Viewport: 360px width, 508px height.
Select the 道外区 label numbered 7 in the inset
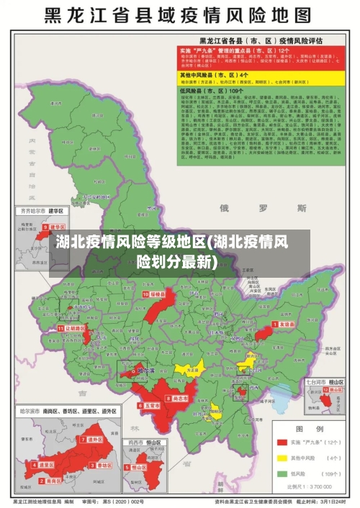94,439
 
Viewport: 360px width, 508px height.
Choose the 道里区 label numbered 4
47,466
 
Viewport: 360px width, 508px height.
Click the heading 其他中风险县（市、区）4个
215,75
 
